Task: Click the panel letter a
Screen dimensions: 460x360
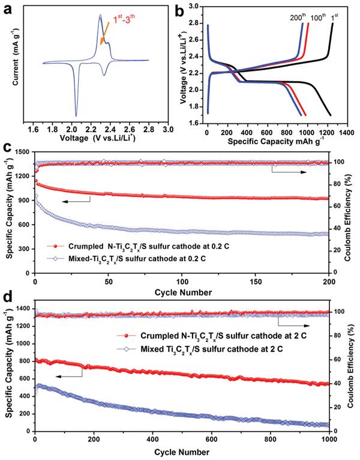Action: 8,9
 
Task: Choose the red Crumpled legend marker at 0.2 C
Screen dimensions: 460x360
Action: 56,246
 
